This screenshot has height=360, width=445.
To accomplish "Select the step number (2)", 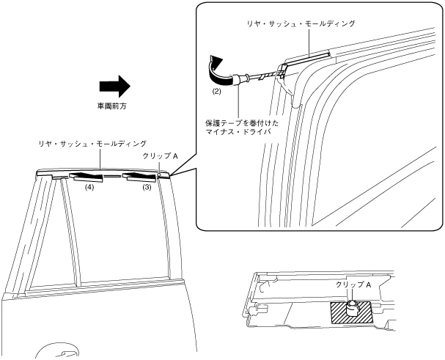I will pos(217,93).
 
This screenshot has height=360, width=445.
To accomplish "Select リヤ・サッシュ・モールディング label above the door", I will pos(93,143).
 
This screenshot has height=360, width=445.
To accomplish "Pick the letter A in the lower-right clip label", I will pos(368,283).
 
